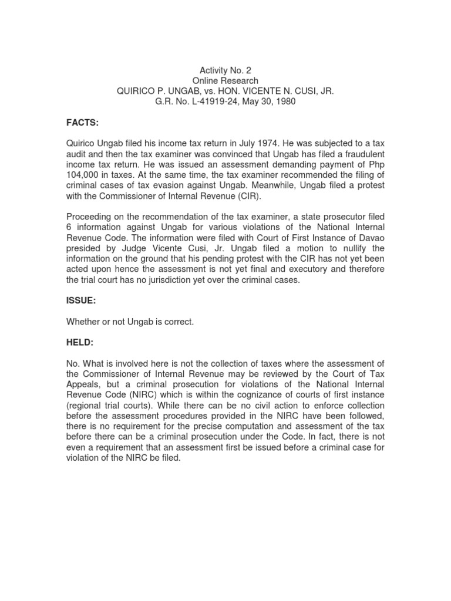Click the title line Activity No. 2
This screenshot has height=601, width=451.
coord(225,70)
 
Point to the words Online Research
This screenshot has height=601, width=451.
coord(225,80)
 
